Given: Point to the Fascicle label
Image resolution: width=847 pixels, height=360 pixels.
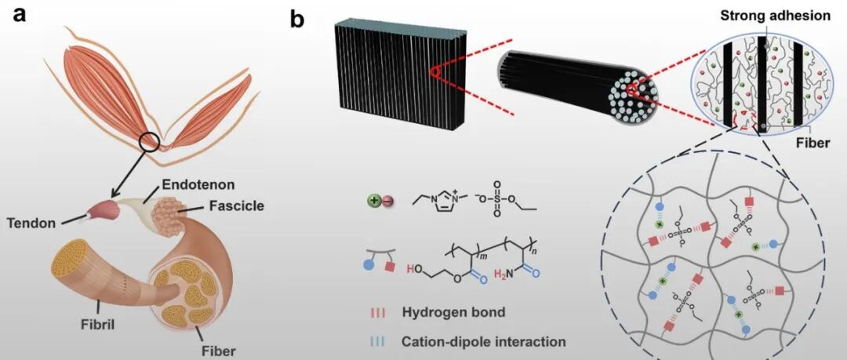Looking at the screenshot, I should [236, 206].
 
